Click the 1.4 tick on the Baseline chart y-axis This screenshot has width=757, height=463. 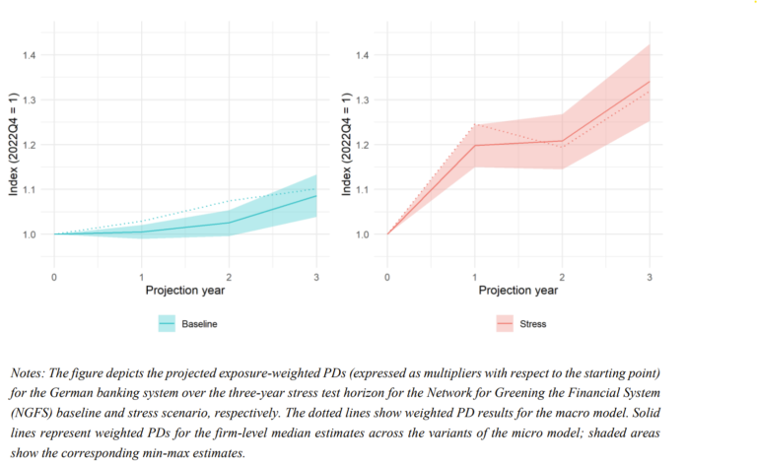tap(31, 55)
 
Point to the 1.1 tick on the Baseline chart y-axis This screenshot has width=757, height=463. tap(31, 189)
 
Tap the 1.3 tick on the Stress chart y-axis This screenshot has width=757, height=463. tap(365, 100)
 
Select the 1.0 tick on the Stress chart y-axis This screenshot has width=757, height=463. tap(365, 234)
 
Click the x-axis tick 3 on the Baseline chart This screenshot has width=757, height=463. tap(316, 278)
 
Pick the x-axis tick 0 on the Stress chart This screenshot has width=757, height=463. tap(387, 278)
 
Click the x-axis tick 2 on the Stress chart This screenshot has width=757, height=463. tap(563, 278)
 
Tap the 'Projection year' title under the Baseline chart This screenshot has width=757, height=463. tap(185, 291)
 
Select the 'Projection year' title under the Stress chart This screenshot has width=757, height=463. tap(518, 291)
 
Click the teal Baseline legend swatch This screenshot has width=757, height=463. tap(166, 323)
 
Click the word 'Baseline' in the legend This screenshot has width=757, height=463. tap(200, 323)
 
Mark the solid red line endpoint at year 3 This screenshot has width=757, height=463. tap(650, 82)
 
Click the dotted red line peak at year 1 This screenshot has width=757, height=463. tap(475, 125)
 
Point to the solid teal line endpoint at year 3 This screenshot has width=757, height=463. tap(316, 196)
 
